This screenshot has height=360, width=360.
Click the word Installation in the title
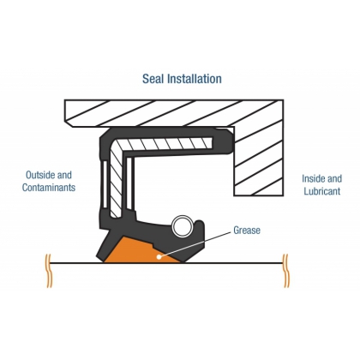click(x=195, y=79)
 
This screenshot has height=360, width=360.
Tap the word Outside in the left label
click(x=40, y=175)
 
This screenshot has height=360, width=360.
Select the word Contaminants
click(x=49, y=188)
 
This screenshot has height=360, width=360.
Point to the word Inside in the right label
click(x=313, y=178)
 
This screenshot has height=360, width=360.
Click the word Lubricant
click(x=322, y=191)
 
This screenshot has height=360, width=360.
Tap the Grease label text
click(x=247, y=230)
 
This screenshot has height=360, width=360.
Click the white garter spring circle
click(x=183, y=225)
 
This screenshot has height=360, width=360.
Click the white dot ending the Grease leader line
click(x=159, y=256)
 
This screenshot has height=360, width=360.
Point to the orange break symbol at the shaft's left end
click(x=49, y=271)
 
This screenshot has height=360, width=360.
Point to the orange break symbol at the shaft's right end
click(x=285, y=271)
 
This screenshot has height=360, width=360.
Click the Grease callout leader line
click(x=195, y=244)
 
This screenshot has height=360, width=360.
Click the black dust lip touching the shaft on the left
click(x=105, y=247)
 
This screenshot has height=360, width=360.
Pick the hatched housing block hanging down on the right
click(x=259, y=161)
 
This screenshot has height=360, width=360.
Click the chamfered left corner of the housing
click(x=69, y=123)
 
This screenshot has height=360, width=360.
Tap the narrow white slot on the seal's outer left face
click(x=105, y=184)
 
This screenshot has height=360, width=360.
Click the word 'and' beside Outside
click(x=64, y=175)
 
